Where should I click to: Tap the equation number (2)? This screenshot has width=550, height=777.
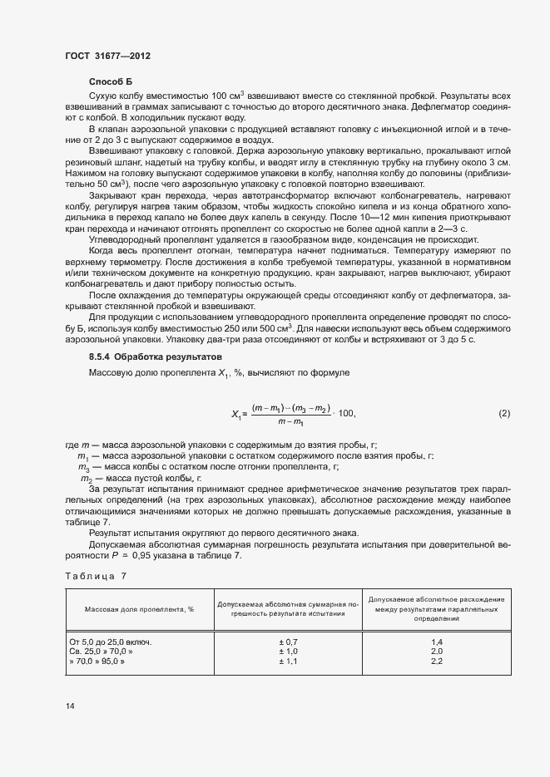pyautogui.click(x=504, y=413)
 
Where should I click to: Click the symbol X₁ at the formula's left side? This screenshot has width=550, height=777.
pyautogui.click(x=237, y=414)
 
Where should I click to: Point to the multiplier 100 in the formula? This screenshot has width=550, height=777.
pyautogui.click(x=347, y=414)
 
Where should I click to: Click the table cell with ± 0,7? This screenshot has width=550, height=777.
pyautogui.click(x=288, y=642)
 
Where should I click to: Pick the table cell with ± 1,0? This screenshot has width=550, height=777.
pyautogui.click(x=288, y=652)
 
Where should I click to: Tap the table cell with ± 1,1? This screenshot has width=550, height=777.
pyautogui.click(x=288, y=662)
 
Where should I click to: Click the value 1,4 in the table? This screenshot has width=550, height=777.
pyautogui.click(x=436, y=642)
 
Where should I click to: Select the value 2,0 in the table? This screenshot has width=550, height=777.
pyautogui.click(x=436, y=652)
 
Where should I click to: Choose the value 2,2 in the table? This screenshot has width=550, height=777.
pyautogui.click(x=436, y=662)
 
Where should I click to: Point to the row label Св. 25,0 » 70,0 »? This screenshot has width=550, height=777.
pyautogui.click(x=101, y=652)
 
